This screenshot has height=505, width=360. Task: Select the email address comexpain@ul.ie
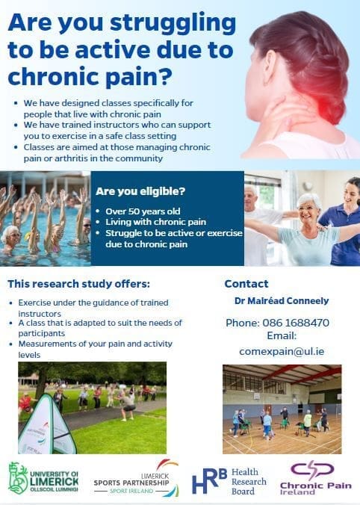coord(276,350)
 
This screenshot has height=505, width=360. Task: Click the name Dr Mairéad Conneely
coord(276,300)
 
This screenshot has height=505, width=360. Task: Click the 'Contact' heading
coord(246,284)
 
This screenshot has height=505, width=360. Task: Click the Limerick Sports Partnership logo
coord(136,478)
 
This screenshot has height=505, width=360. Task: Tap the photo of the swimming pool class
coord(45,217)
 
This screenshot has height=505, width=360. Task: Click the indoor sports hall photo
coord(282,409)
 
